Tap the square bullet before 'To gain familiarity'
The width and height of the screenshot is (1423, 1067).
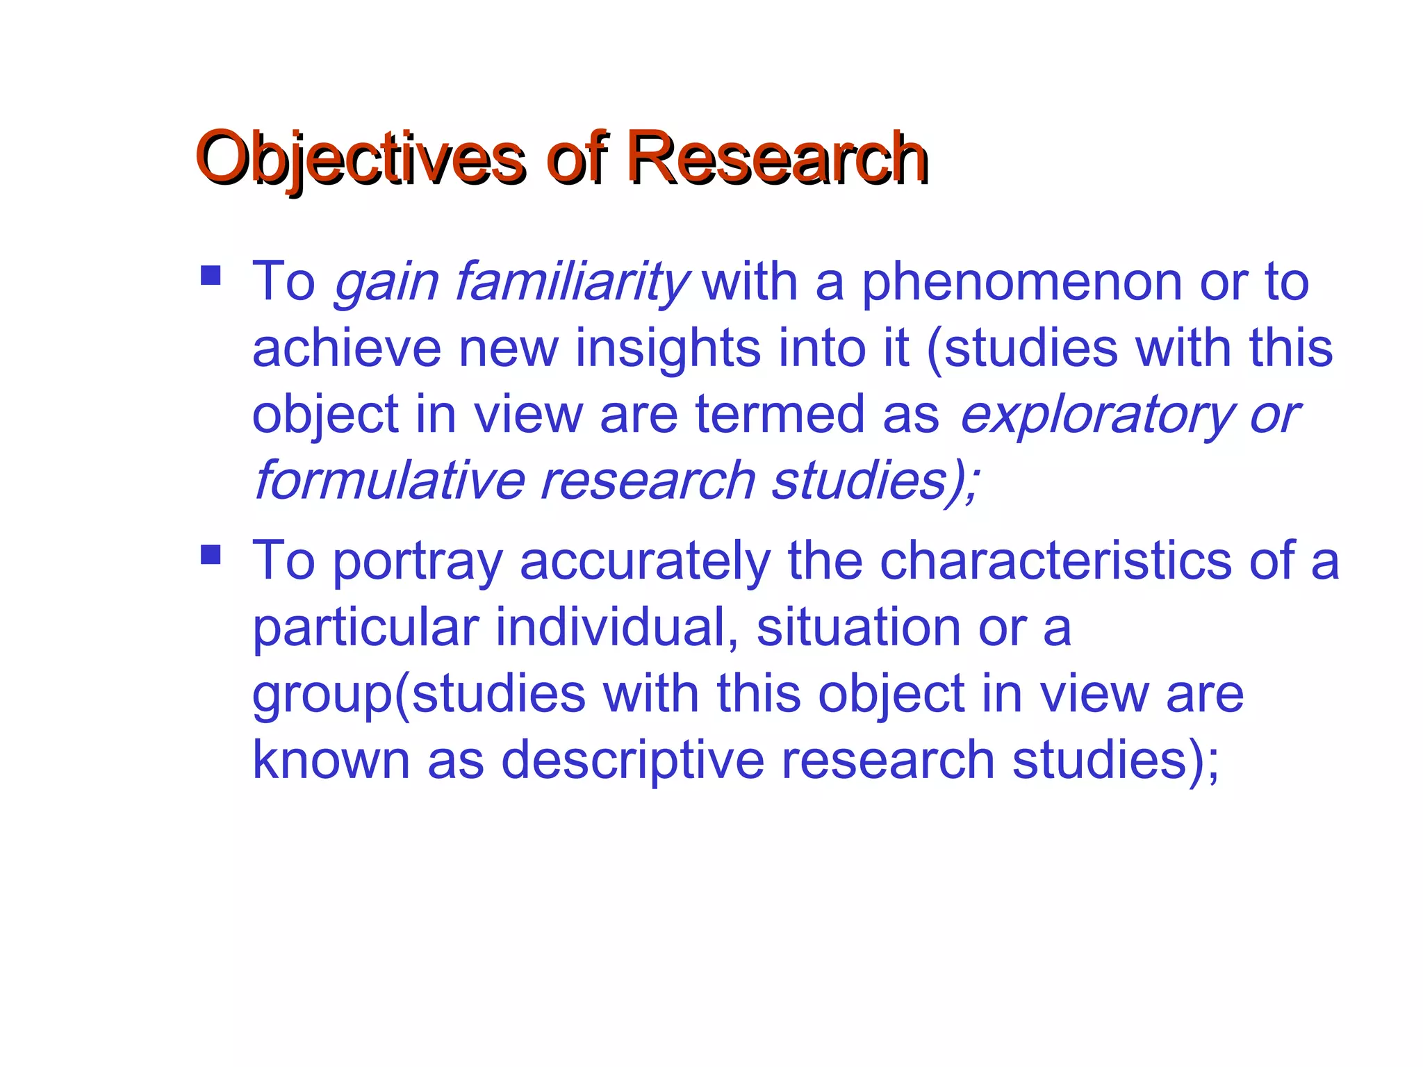tap(211, 276)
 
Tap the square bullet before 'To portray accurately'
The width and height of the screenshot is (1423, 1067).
tap(211, 554)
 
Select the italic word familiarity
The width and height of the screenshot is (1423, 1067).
tap(571, 282)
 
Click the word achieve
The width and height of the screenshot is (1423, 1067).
tap(346, 348)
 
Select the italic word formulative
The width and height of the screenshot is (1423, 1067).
tap(389, 481)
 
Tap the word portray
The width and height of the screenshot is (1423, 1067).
tap(417, 561)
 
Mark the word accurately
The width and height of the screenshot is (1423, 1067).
tap(645, 561)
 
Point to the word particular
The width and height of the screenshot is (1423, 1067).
tap(365, 627)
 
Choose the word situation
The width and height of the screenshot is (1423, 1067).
tap(859, 627)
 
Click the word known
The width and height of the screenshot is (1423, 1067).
tap(331, 760)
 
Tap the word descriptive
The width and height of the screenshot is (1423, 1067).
tap(632, 761)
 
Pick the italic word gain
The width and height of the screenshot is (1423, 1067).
tap(386, 283)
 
